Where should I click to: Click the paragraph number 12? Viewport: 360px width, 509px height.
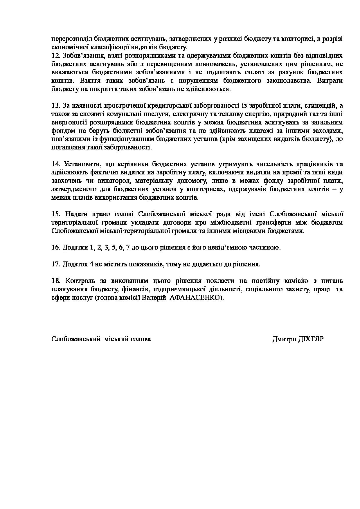(55, 55)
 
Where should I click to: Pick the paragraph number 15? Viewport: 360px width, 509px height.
(55, 214)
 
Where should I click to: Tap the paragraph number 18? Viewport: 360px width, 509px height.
(55, 281)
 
